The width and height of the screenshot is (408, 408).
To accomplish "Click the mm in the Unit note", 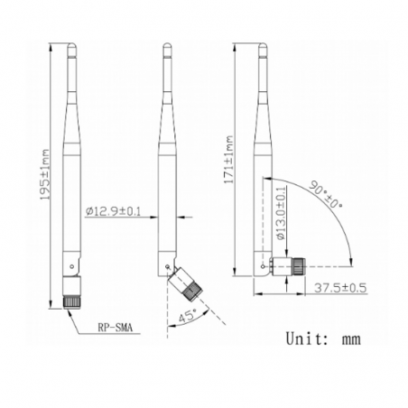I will [x=349, y=341].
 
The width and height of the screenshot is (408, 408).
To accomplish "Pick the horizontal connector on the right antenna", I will [x=292, y=267].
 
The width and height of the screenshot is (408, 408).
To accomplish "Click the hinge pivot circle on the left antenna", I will [x=71, y=266].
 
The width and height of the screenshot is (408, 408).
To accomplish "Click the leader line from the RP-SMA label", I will [x=80, y=319].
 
